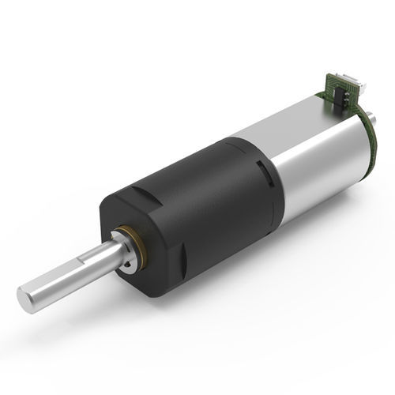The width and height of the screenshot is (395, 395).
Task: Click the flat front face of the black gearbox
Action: pyautogui.click(x=150, y=261)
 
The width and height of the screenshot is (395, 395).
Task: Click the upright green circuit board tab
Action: pyautogui.click(x=336, y=87)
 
